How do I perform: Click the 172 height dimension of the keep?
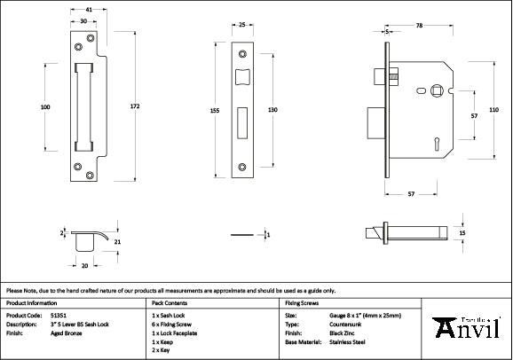click(134, 106)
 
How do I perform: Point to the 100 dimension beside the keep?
click(45, 106)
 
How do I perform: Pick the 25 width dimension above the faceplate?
click(242, 25)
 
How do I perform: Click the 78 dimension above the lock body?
click(419, 26)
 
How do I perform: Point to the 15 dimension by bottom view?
click(462, 232)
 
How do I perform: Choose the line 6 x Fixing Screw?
click(177, 324)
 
